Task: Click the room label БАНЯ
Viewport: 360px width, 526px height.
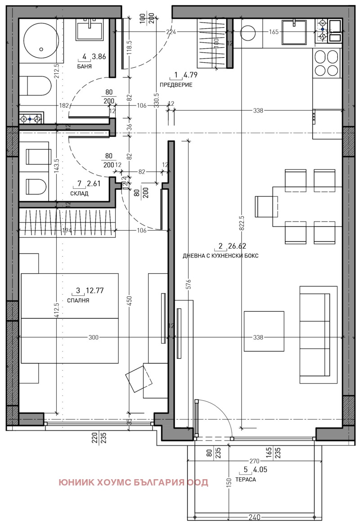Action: pos(84,66)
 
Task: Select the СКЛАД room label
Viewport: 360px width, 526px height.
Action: pos(79,194)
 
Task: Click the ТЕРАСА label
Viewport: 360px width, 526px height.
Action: pos(247,480)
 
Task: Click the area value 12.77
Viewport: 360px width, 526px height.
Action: pos(95,290)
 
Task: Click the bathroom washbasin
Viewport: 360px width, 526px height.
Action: pos(90,30)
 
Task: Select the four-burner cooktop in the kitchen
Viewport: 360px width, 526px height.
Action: pos(326,63)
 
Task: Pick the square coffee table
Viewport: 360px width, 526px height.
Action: pos(264,331)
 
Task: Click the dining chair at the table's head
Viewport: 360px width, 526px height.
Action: pos(264,207)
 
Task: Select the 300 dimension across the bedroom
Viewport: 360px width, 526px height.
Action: pos(94,337)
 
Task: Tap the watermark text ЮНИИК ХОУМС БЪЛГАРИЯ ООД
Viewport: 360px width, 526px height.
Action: pos(133,483)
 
